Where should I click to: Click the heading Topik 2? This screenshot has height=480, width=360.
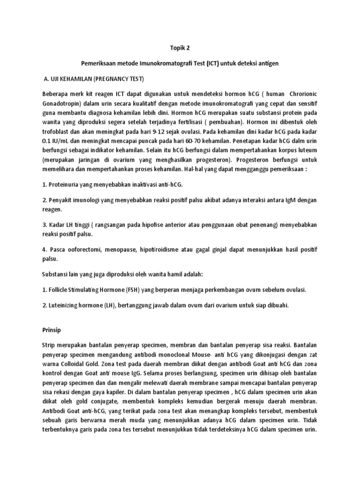180,48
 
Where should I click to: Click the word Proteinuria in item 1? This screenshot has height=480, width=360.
62,185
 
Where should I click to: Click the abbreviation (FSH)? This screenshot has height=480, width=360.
127,290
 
